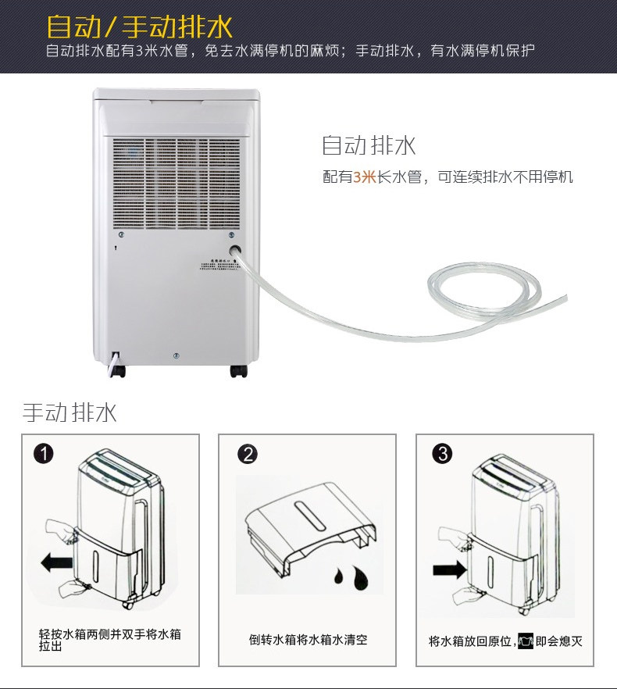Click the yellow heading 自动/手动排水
tap(140, 26)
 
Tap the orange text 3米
tap(365, 177)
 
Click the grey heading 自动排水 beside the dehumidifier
tap(369, 145)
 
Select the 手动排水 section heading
tap(70, 412)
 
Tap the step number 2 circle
tap(247, 454)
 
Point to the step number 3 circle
tap(442, 454)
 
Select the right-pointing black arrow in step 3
tap(448, 569)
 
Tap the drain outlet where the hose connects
tap(234, 252)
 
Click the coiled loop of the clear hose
tap(480, 291)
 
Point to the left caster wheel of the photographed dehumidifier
tap(118, 370)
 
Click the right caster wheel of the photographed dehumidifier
tap(238, 370)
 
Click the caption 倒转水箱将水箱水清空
tap(308, 640)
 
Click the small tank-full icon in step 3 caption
tap(525, 641)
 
